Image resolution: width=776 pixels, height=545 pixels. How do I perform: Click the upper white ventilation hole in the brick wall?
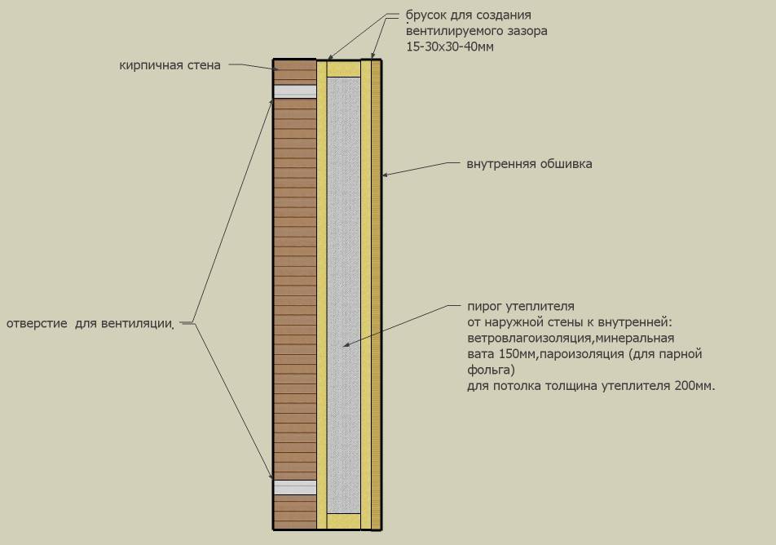pos(295,91)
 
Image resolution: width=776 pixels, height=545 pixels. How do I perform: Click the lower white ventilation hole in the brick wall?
pos(295,487)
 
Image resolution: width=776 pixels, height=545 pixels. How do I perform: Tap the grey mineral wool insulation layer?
pos(343,295)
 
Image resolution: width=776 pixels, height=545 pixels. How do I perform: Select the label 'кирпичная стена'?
pos(170,65)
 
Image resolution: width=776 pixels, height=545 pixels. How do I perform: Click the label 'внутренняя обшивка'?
pos(529,164)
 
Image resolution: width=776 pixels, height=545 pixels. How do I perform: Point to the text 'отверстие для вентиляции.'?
pos(90,324)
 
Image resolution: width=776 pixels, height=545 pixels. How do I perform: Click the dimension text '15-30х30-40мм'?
pos(450,47)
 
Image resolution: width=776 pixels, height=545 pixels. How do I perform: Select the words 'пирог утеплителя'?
pos(521,307)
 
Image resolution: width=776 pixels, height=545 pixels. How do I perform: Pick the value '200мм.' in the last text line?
pos(694,386)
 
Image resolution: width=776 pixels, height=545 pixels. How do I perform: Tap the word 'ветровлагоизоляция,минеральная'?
pos(571,339)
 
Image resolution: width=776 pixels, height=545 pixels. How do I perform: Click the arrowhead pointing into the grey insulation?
pos(346,344)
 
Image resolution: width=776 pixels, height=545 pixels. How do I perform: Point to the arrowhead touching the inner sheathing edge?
pos(385,175)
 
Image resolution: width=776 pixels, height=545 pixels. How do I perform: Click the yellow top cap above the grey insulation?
pos(343,69)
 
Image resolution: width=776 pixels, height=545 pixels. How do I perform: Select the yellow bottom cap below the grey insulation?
pos(343,521)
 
